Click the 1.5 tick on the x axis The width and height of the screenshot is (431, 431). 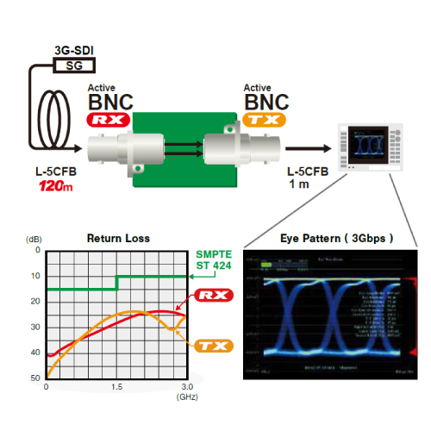click(116, 387)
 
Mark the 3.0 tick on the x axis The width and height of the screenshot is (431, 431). click(187, 387)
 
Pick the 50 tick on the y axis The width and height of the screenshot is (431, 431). click(35, 378)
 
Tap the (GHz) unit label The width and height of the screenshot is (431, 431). click(187, 399)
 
